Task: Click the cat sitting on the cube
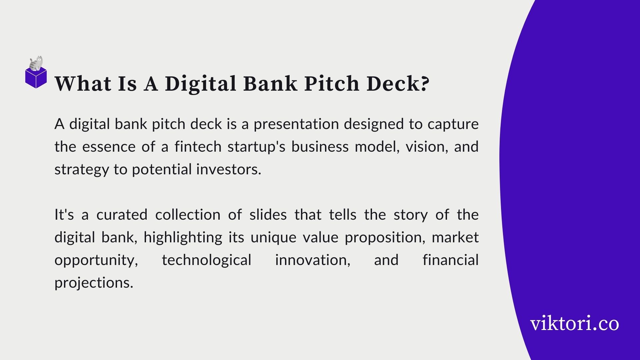coord(36,63)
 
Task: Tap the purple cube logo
coord(36,78)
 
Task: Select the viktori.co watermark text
coord(574,323)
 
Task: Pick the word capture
coord(453,124)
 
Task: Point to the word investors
coord(229,169)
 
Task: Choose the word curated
coord(122,214)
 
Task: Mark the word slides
coord(268,214)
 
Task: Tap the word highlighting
coord(183,238)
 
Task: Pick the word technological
coord(207,260)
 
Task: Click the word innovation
coord(313,260)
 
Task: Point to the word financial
coord(451,260)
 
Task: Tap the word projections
coord(94,283)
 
